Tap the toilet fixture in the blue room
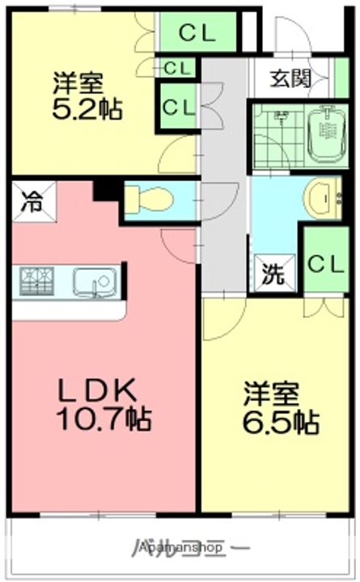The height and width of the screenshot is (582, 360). [x=150, y=198]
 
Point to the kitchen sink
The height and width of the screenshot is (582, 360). [x=95, y=282]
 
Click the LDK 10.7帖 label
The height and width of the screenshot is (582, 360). [x=104, y=404]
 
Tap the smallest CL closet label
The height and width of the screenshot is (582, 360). [x=178, y=69]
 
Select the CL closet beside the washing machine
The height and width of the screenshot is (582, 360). [x=326, y=262]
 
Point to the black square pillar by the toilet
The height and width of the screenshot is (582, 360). [x=105, y=190]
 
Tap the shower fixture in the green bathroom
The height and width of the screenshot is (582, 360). [x=279, y=121]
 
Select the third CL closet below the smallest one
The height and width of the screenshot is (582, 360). [x=178, y=106]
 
